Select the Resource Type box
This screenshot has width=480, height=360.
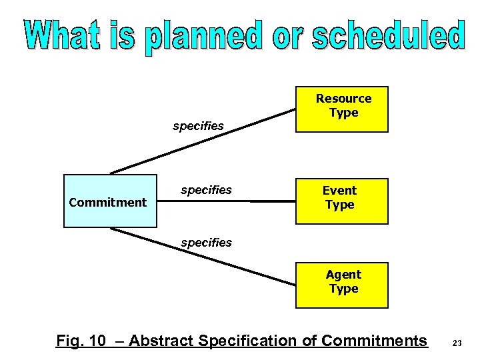[342, 109]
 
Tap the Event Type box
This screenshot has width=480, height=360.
[341, 201]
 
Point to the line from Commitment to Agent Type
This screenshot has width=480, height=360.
[200, 256]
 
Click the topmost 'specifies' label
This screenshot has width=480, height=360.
[198, 126]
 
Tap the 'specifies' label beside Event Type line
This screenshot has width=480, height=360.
[206, 190]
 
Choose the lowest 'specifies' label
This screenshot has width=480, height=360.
[206, 243]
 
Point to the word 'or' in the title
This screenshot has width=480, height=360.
[289, 37]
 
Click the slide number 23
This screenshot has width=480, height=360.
[457, 343]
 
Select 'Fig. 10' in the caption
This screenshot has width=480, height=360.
[81, 341]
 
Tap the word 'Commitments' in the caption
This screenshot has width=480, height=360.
[374, 341]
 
